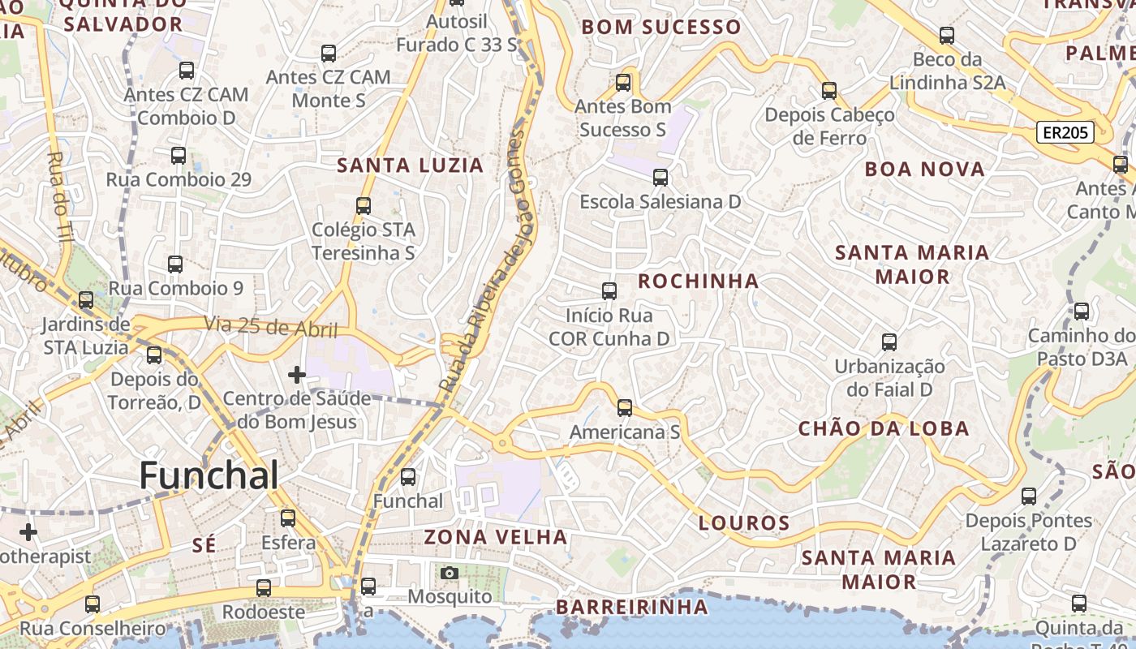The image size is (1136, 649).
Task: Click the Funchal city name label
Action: pos(209,475)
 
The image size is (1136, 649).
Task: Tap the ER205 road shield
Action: pos(1065,133)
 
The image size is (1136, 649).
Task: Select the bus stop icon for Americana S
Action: pos(625,407)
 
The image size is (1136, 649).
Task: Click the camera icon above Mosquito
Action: pos(449,574)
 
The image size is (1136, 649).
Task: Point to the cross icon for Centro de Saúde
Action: pos(297,375)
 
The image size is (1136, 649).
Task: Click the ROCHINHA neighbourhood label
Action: pos(698,282)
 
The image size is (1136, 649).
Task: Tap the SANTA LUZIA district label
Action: pos(410,165)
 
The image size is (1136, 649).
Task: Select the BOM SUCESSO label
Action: pos(661,28)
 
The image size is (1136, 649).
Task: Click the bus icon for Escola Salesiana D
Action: pos(661,177)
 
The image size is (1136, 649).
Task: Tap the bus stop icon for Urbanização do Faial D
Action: pos(889,342)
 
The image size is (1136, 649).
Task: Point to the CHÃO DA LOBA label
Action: pos(884,429)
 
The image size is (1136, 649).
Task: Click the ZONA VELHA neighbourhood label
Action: pos(495,537)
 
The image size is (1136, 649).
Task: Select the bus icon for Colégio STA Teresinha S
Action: pos(364,206)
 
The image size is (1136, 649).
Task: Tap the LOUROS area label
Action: pos(744,523)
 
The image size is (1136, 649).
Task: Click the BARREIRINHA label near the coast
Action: pos(631,607)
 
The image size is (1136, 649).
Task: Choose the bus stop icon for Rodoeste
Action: pos(264,588)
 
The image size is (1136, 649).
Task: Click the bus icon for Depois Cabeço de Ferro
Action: pos(829,91)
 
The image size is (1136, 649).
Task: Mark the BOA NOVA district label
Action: pos(924,170)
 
